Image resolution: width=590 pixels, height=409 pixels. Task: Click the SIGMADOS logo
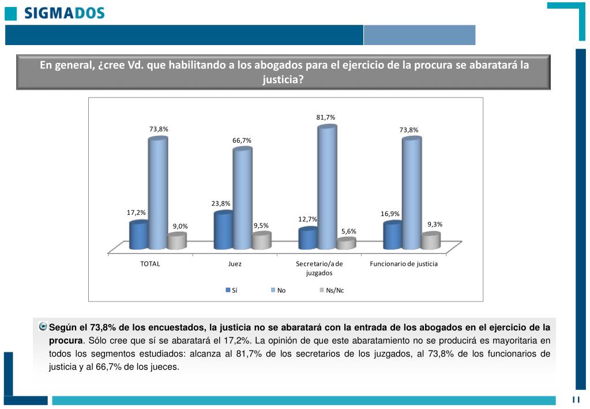[56, 13]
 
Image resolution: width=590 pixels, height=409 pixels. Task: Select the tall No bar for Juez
[242, 196]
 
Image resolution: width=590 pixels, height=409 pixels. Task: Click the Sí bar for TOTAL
[138, 235]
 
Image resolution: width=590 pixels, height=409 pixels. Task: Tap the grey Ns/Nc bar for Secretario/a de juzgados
[345, 244]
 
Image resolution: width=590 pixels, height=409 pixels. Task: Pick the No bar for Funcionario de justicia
[411, 194]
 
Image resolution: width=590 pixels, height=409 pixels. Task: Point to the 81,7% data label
[325, 117]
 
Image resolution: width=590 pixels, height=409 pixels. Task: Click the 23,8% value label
[221, 203]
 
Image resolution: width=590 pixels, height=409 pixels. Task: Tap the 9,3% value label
[435, 224]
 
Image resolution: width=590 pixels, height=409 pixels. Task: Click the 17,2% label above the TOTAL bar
[136, 213]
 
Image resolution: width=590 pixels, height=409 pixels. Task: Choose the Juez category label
[235, 264]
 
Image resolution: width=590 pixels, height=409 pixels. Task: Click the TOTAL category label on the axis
[150, 264]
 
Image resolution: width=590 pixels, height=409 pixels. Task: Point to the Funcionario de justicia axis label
[403, 264]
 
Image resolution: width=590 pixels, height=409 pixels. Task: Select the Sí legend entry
[231, 290]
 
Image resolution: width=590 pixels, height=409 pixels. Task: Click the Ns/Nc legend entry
[331, 290]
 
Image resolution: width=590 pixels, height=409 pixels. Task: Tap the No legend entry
[278, 290]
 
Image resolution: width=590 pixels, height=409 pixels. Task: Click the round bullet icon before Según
[43, 326]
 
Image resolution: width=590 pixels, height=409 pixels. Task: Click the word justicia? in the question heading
[283, 80]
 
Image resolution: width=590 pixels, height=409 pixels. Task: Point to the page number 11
[576, 400]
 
